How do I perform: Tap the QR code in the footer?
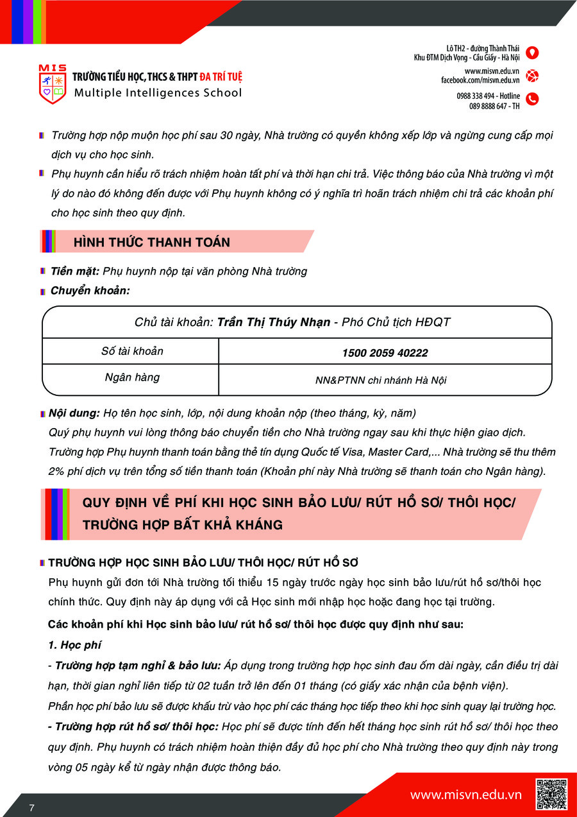click(x=551, y=794)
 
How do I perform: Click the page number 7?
click(x=31, y=807)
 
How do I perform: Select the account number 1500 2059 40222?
click(x=385, y=353)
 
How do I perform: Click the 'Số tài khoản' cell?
click(x=132, y=351)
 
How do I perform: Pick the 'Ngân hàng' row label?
click(x=132, y=377)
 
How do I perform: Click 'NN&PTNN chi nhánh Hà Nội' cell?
click(x=381, y=380)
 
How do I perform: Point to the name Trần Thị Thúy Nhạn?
click(x=274, y=322)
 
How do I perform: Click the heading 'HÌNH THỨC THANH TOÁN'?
click(x=152, y=242)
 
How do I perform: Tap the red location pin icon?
click(x=532, y=53)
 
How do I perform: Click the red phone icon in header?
click(x=532, y=99)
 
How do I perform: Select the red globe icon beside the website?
click(x=532, y=76)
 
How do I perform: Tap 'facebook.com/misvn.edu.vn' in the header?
click(x=480, y=80)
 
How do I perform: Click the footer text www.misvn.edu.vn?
click(x=466, y=795)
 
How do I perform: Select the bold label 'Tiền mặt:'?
click(x=75, y=271)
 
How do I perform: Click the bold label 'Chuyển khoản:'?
click(x=90, y=291)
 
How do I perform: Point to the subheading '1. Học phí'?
click(x=74, y=645)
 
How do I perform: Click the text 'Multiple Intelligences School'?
click(x=158, y=92)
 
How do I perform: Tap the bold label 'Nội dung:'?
click(x=74, y=413)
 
